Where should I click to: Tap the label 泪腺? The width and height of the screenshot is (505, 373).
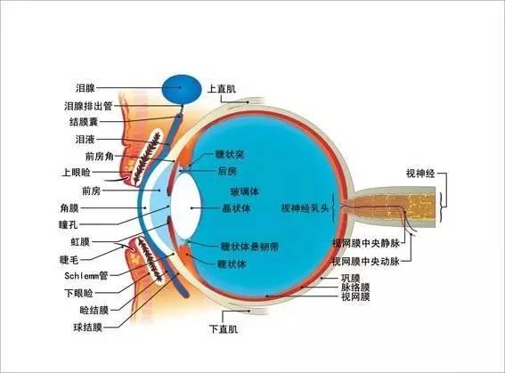[85, 88]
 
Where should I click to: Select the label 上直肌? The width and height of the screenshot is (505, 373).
[222, 88]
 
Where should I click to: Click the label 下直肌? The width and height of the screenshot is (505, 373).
[224, 328]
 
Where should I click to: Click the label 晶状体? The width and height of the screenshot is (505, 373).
[236, 208]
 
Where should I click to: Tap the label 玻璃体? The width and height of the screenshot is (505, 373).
[245, 191]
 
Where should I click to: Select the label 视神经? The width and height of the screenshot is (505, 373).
[420, 174]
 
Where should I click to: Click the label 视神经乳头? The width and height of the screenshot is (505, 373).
[305, 208]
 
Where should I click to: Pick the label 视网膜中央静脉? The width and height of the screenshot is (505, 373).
[366, 243]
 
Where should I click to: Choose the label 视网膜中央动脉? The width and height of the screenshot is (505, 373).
[366, 262]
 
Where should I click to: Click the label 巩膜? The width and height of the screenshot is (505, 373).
[350, 278]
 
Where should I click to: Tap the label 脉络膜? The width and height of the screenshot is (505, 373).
[355, 288]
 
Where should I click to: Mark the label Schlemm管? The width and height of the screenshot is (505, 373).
[86, 276]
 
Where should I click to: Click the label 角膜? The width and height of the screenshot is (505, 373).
[69, 208]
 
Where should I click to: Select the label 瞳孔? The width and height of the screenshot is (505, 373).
[69, 224]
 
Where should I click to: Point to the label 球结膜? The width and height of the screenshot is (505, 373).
[87, 328]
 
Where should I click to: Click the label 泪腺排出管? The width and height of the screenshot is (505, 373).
[88, 106]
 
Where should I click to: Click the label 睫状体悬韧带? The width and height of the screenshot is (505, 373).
[249, 247]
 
